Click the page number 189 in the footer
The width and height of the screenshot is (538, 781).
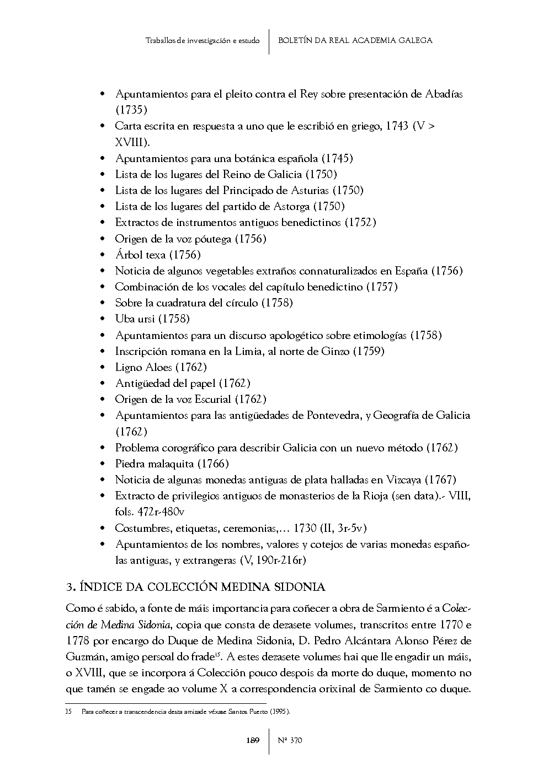click(252, 740)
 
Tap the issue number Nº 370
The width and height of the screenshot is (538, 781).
click(290, 740)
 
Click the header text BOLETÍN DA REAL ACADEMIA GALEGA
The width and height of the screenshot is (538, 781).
click(355, 40)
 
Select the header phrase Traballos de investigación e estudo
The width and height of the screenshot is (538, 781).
click(203, 41)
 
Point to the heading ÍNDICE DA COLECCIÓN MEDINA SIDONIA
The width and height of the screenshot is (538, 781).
click(203, 586)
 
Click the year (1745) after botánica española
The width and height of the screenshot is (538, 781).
click(337, 158)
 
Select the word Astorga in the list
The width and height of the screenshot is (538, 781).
click(292, 206)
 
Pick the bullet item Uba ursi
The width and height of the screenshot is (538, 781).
click(152, 319)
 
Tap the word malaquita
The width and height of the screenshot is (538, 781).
click(170, 464)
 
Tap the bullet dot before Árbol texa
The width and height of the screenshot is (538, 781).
click(102, 255)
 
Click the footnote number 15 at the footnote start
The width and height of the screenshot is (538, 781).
click(68, 712)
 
